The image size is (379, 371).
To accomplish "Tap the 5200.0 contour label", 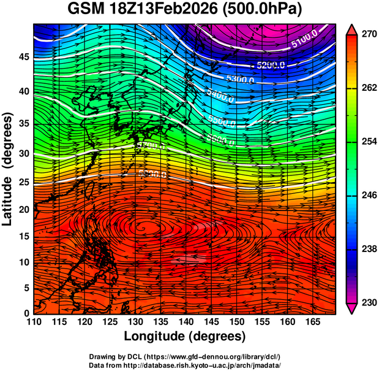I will point(271,64).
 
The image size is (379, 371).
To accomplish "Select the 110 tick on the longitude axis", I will point(33,322).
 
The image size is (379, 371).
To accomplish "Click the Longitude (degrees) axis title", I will point(185,336).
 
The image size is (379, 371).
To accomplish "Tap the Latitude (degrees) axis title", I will point(9,169).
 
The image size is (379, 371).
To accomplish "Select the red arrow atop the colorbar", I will point(350,28).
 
